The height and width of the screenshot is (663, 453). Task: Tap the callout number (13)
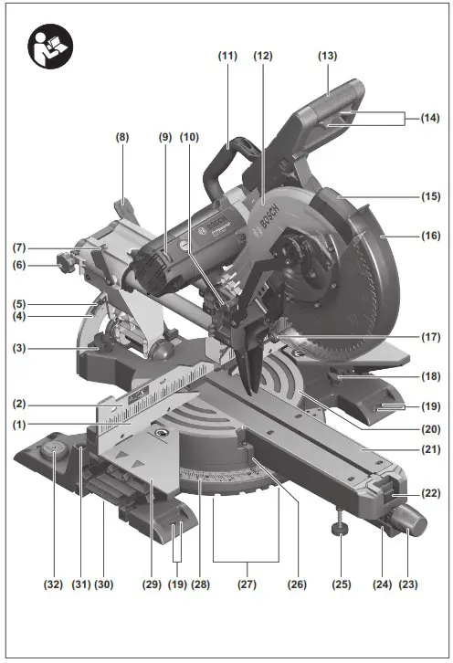click(328, 56)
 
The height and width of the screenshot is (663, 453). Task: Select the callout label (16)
click(428, 235)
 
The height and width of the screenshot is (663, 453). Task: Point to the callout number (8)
click(122, 136)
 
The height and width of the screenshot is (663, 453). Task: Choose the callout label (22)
click(427, 494)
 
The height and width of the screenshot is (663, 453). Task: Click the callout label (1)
click(19, 424)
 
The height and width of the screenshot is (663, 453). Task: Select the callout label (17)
click(428, 336)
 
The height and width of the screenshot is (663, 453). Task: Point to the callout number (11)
click(227, 56)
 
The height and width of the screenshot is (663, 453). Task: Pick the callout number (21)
click(428, 449)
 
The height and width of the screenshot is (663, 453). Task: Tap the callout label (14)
click(428, 118)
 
